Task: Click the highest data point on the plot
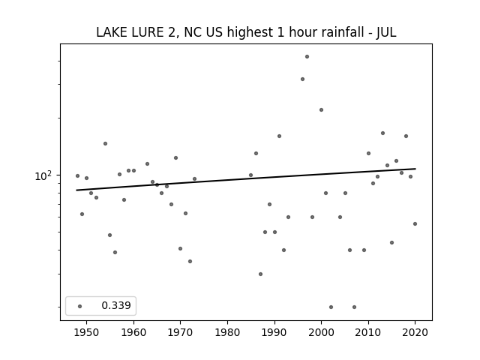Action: click(307, 57)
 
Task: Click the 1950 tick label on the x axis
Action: click(86, 332)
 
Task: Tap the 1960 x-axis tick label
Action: click(133, 332)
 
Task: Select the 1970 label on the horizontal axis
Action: click(180, 332)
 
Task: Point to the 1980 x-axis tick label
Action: click(227, 332)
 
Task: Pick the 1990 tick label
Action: click(274, 332)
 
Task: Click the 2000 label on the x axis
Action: click(321, 332)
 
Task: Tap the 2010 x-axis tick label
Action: click(368, 332)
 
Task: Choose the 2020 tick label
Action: click(415, 332)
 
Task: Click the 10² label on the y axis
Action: click(43, 175)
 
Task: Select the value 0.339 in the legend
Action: click(116, 305)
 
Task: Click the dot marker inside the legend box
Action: click(80, 306)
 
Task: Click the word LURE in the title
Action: click(148, 32)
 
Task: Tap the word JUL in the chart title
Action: click(386, 32)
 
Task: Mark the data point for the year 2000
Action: click(321, 110)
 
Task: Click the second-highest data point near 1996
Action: click(302, 79)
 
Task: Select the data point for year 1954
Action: click(105, 143)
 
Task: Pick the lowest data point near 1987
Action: click(260, 274)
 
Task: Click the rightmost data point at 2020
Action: click(415, 223)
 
